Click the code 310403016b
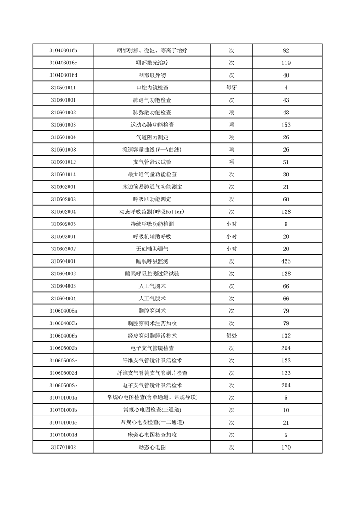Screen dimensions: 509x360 coord(63,50)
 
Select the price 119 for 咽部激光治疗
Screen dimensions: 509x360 coord(286,63)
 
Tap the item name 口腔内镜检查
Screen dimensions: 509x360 coord(152,88)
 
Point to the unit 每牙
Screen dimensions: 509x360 coord(231,88)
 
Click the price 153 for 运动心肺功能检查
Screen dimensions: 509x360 coord(286,125)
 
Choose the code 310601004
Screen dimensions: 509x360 coord(63,137)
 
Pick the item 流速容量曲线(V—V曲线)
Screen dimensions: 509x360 coord(152,150)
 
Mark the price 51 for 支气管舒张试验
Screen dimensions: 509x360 coord(286,162)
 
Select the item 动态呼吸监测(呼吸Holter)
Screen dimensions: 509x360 coord(152,212)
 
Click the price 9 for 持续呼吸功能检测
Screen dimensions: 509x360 coord(286,224)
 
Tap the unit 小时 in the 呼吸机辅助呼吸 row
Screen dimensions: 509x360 coord(231,236)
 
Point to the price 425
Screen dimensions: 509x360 coord(286,261)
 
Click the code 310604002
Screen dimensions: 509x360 coord(63,274)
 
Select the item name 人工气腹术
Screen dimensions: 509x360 coord(152,299)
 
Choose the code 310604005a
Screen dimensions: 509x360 coord(63,311)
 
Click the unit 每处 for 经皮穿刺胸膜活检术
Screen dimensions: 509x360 coord(231,336)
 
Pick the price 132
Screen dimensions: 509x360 coord(286,336)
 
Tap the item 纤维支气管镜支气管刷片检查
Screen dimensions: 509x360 coord(152,373)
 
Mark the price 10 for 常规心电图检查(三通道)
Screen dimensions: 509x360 coord(286,410)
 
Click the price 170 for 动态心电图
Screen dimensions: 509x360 coord(286,447)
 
